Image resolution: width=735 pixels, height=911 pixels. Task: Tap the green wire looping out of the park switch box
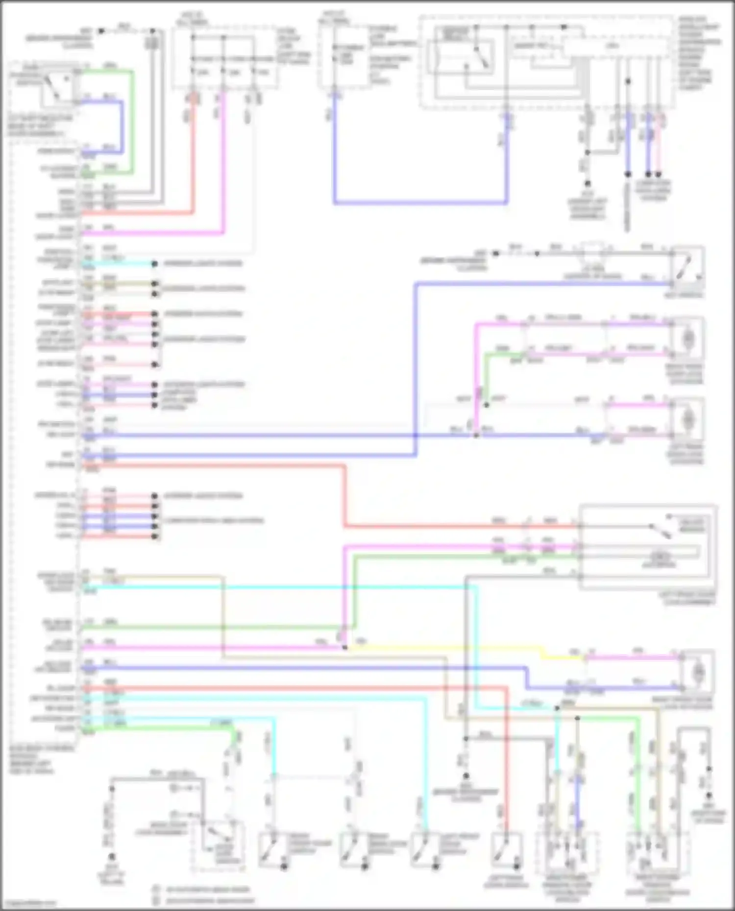pyautogui.click(x=132, y=122)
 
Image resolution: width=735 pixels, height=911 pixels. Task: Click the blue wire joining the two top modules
pyautogui.click(x=421, y=202)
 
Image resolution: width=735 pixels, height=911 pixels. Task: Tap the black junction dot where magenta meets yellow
pyautogui.click(x=345, y=648)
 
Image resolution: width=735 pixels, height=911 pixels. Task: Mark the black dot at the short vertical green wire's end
pyautogui.click(x=487, y=405)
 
